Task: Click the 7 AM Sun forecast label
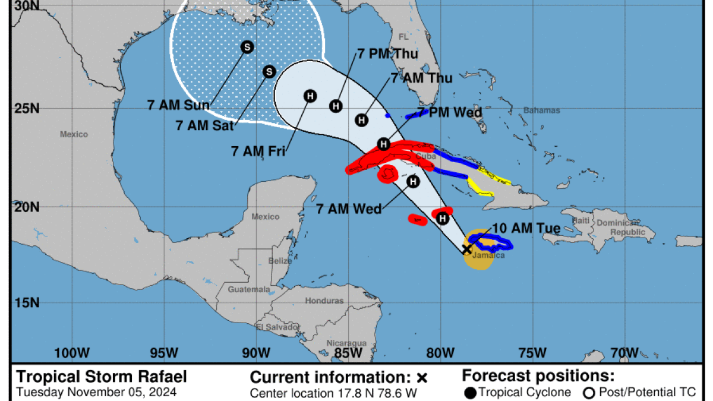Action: [178, 106]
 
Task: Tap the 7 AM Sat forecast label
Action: [206, 125]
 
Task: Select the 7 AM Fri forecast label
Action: [258, 151]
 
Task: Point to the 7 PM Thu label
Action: [387, 54]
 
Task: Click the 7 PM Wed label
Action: [450, 112]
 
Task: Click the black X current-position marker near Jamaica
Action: [467, 249]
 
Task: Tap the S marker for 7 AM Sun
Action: [247, 47]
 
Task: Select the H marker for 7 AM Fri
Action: [310, 96]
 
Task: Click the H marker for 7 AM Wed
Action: [413, 182]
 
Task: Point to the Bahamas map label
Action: [541, 110]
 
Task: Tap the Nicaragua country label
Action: [346, 343]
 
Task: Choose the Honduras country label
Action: [324, 301]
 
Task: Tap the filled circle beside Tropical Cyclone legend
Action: [471, 392]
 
